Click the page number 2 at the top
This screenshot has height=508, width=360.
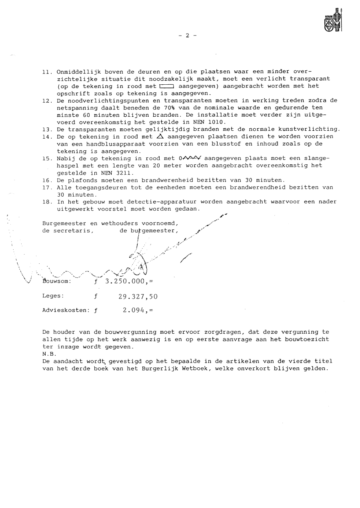click(x=186, y=36)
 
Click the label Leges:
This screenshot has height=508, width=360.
click(x=53, y=296)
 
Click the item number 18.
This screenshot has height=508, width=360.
click(x=46, y=202)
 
